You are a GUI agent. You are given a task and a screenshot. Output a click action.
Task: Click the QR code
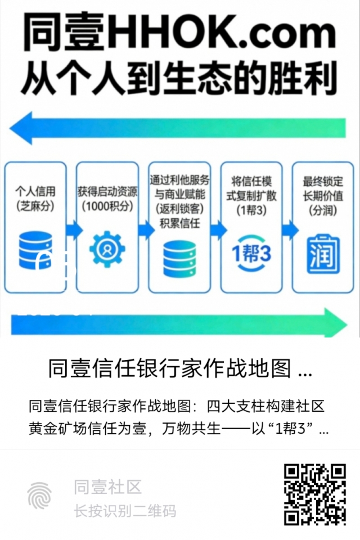314,494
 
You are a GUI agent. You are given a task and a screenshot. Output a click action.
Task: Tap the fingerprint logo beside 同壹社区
39,495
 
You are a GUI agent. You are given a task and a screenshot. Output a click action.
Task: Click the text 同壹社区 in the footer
107,487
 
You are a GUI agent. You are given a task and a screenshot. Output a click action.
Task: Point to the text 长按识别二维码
125,511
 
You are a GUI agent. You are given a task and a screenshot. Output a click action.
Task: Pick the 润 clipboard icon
323,254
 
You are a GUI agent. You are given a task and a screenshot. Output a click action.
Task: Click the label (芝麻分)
35,206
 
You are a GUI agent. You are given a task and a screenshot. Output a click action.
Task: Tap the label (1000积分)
107,206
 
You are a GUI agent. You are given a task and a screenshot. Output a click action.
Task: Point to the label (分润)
323,210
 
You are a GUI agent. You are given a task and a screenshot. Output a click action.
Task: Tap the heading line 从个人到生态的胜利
179,78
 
